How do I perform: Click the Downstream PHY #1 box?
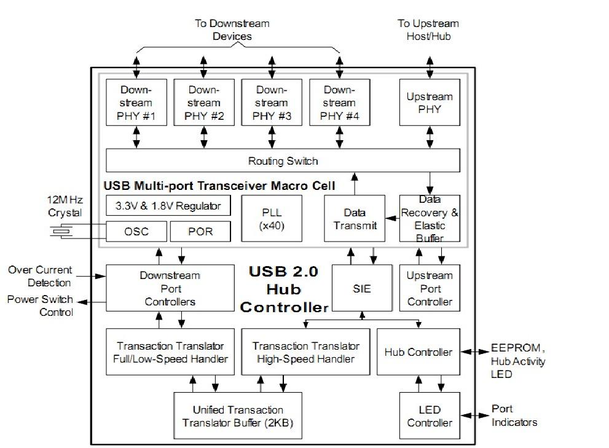coord(136,103)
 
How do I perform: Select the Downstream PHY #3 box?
coord(270,103)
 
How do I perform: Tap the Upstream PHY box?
coord(430,103)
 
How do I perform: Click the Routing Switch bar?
coord(283,161)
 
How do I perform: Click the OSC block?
coord(136,232)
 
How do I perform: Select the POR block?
coord(200,232)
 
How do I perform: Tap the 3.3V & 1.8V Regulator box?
coord(168,205)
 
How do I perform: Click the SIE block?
coord(362,288)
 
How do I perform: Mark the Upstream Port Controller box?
coord(430,288)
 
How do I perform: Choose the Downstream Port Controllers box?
coord(170,288)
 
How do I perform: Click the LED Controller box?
coord(430,416)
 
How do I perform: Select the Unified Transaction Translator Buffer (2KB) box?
coord(238,416)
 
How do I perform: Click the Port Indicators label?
coord(514,416)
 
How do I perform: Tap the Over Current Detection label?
coord(41,277)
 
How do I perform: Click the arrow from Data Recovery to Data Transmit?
coord(392,217)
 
